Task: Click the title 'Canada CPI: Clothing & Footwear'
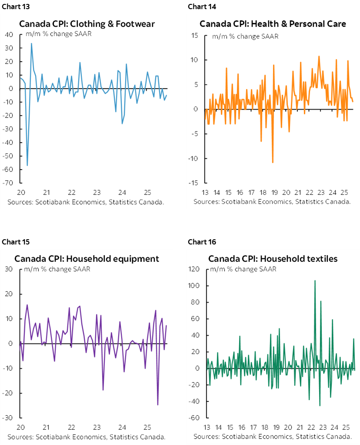tap(87, 24)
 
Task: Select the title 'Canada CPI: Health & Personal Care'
tap(273, 24)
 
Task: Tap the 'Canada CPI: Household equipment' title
tap(87, 259)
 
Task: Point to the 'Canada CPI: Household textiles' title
tap(273, 259)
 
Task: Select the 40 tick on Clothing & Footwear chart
tap(10, 35)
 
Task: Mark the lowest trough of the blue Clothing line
tap(27, 165)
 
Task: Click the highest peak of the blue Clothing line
tap(31, 43)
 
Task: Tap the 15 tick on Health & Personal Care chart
tap(195, 35)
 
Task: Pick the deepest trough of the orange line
tap(273, 162)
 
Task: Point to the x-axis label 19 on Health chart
tap(275, 192)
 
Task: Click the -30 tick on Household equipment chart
tap(8, 418)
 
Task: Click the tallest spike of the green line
tap(315, 281)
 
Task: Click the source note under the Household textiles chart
tap(273, 436)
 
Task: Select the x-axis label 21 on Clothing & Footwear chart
tap(46, 192)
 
